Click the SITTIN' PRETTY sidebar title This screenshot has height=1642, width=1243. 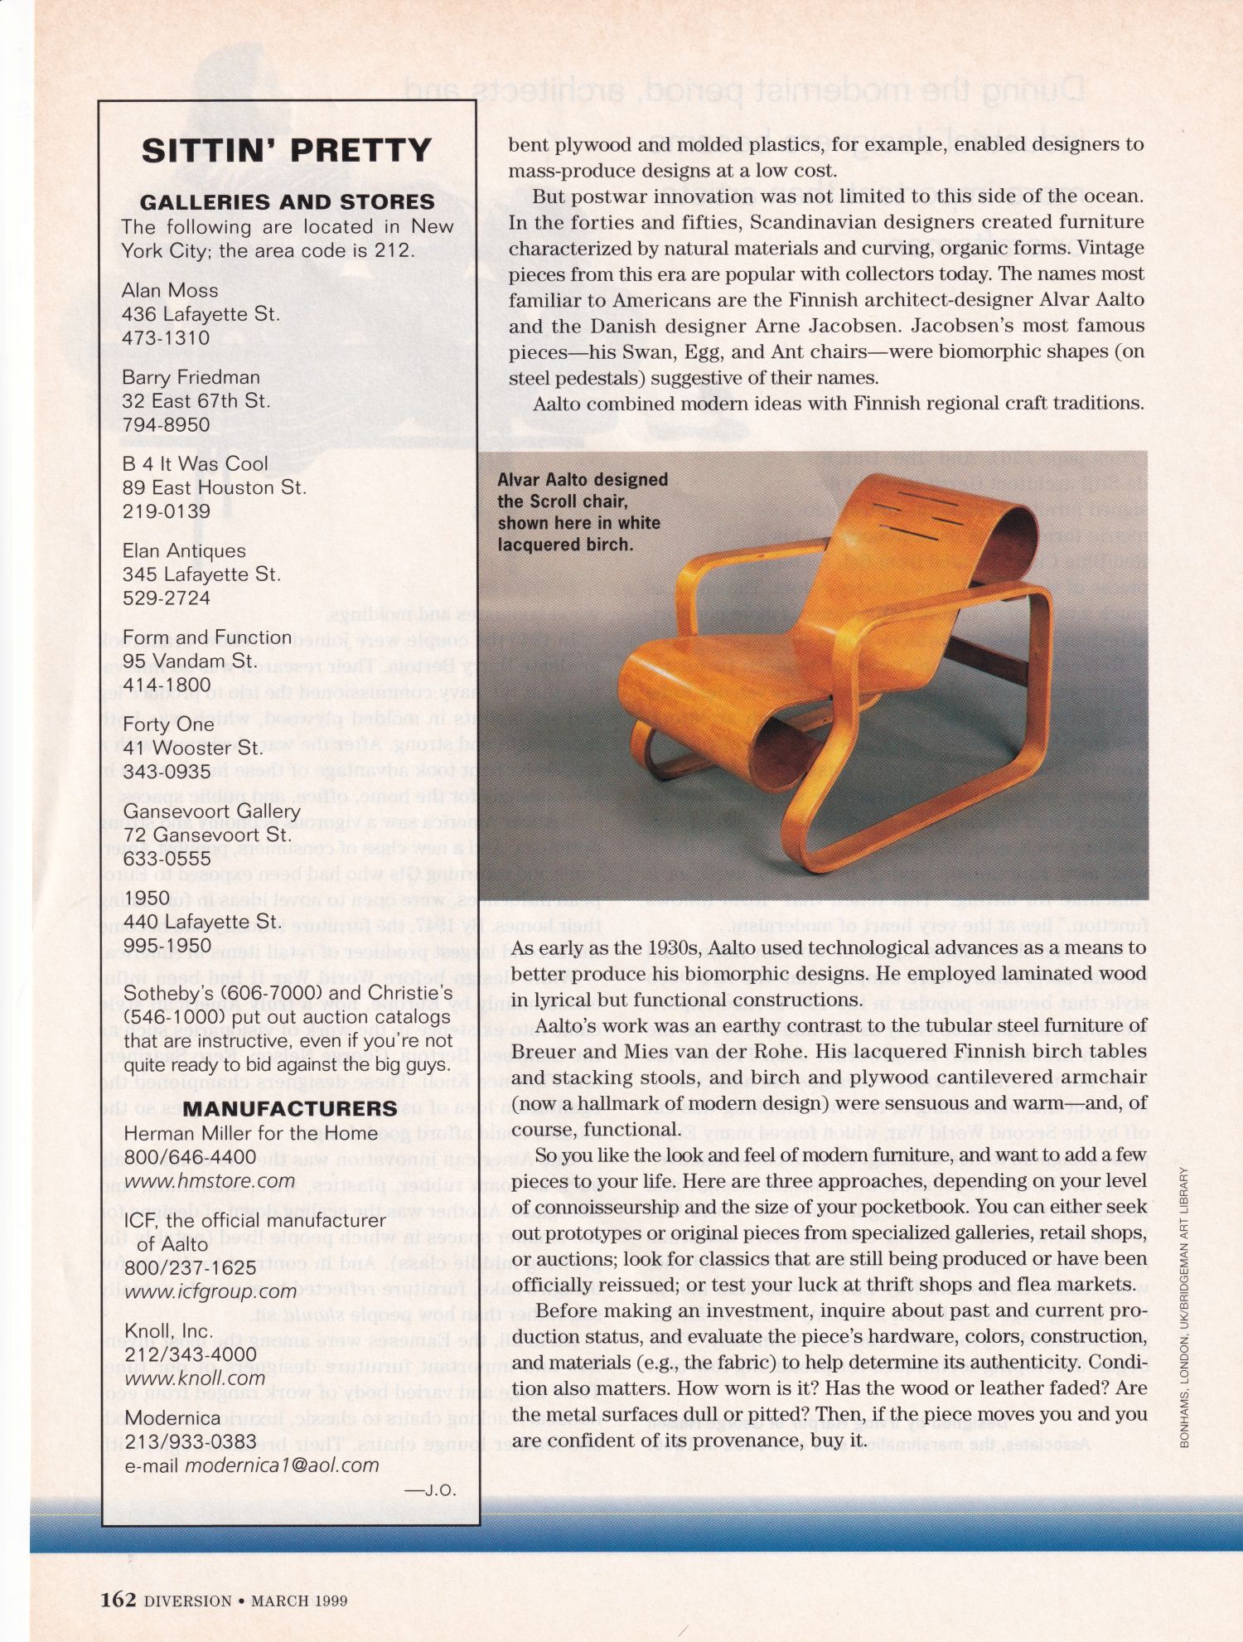pyautogui.click(x=287, y=151)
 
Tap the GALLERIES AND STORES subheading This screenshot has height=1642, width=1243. pyautogui.click(x=287, y=202)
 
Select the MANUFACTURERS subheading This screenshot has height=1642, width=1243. pyautogui.click(x=290, y=1108)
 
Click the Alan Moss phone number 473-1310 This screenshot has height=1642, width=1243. pyautogui.click(x=166, y=338)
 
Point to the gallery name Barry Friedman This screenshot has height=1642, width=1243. pyautogui.click(x=191, y=377)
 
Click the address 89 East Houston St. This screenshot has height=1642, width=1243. pyautogui.click(x=214, y=487)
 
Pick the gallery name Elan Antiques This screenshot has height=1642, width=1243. pyautogui.click(x=184, y=551)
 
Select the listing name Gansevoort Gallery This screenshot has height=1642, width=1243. pyautogui.click(x=211, y=811)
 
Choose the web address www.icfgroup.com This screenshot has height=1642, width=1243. pyautogui.click(x=210, y=1291)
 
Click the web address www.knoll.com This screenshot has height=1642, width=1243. pyautogui.click(x=195, y=1378)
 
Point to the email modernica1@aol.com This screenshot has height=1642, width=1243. pyautogui.click(x=282, y=1465)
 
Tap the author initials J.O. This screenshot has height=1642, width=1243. pyautogui.click(x=431, y=1489)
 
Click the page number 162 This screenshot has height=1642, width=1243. pyautogui.click(x=118, y=1599)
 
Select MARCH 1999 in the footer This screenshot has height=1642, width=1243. pyautogui.click(x=299, y=1601)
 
